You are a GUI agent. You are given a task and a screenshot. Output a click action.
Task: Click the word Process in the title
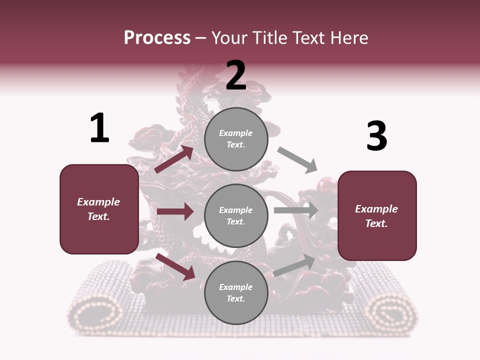point(157,38)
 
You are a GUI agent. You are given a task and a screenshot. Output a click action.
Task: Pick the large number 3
point(376,136)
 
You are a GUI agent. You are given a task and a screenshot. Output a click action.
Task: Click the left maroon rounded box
point(99,209)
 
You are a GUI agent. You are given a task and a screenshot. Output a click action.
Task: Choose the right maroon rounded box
point(377,216)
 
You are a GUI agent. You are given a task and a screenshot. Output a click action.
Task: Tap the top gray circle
point(236,139)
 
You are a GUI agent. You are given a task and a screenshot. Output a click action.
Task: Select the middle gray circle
point(236,216)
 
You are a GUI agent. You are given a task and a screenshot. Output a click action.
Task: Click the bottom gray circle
point(236,293)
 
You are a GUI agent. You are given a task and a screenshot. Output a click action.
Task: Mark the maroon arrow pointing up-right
point(174,159)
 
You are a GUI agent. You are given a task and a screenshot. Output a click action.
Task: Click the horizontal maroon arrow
point(175,211)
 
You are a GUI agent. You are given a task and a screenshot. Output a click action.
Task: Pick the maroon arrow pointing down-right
point(175,266)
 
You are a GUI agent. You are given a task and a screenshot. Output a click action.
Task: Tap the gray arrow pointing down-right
point(298,160)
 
